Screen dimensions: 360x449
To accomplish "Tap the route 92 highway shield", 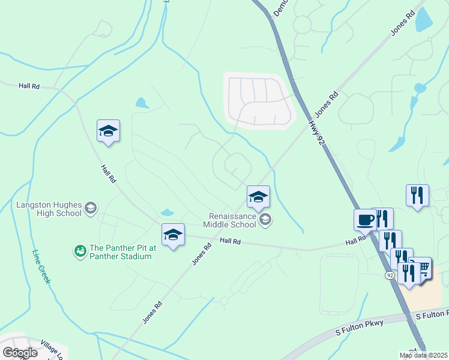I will [390, 275].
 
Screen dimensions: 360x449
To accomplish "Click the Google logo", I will [20, 352].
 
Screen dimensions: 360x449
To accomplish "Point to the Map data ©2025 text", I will [423, 355].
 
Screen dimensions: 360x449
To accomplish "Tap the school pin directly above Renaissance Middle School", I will [259, 196].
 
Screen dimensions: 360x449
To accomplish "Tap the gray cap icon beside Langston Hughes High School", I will [90, 209].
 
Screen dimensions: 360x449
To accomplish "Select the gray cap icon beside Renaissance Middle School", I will [265, 220].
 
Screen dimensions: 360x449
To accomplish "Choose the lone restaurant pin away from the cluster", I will [417, 195].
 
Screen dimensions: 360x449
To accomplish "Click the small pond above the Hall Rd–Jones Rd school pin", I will [167, 212].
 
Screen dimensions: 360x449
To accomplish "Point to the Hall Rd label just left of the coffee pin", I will [355, 241].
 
